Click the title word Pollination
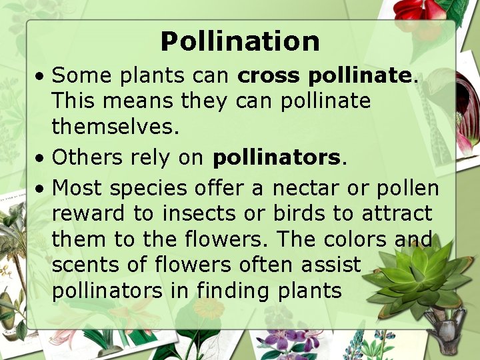coord(240,41)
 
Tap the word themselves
coord(115,127)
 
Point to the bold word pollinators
coord(277,157)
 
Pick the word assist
coord(329,265)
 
